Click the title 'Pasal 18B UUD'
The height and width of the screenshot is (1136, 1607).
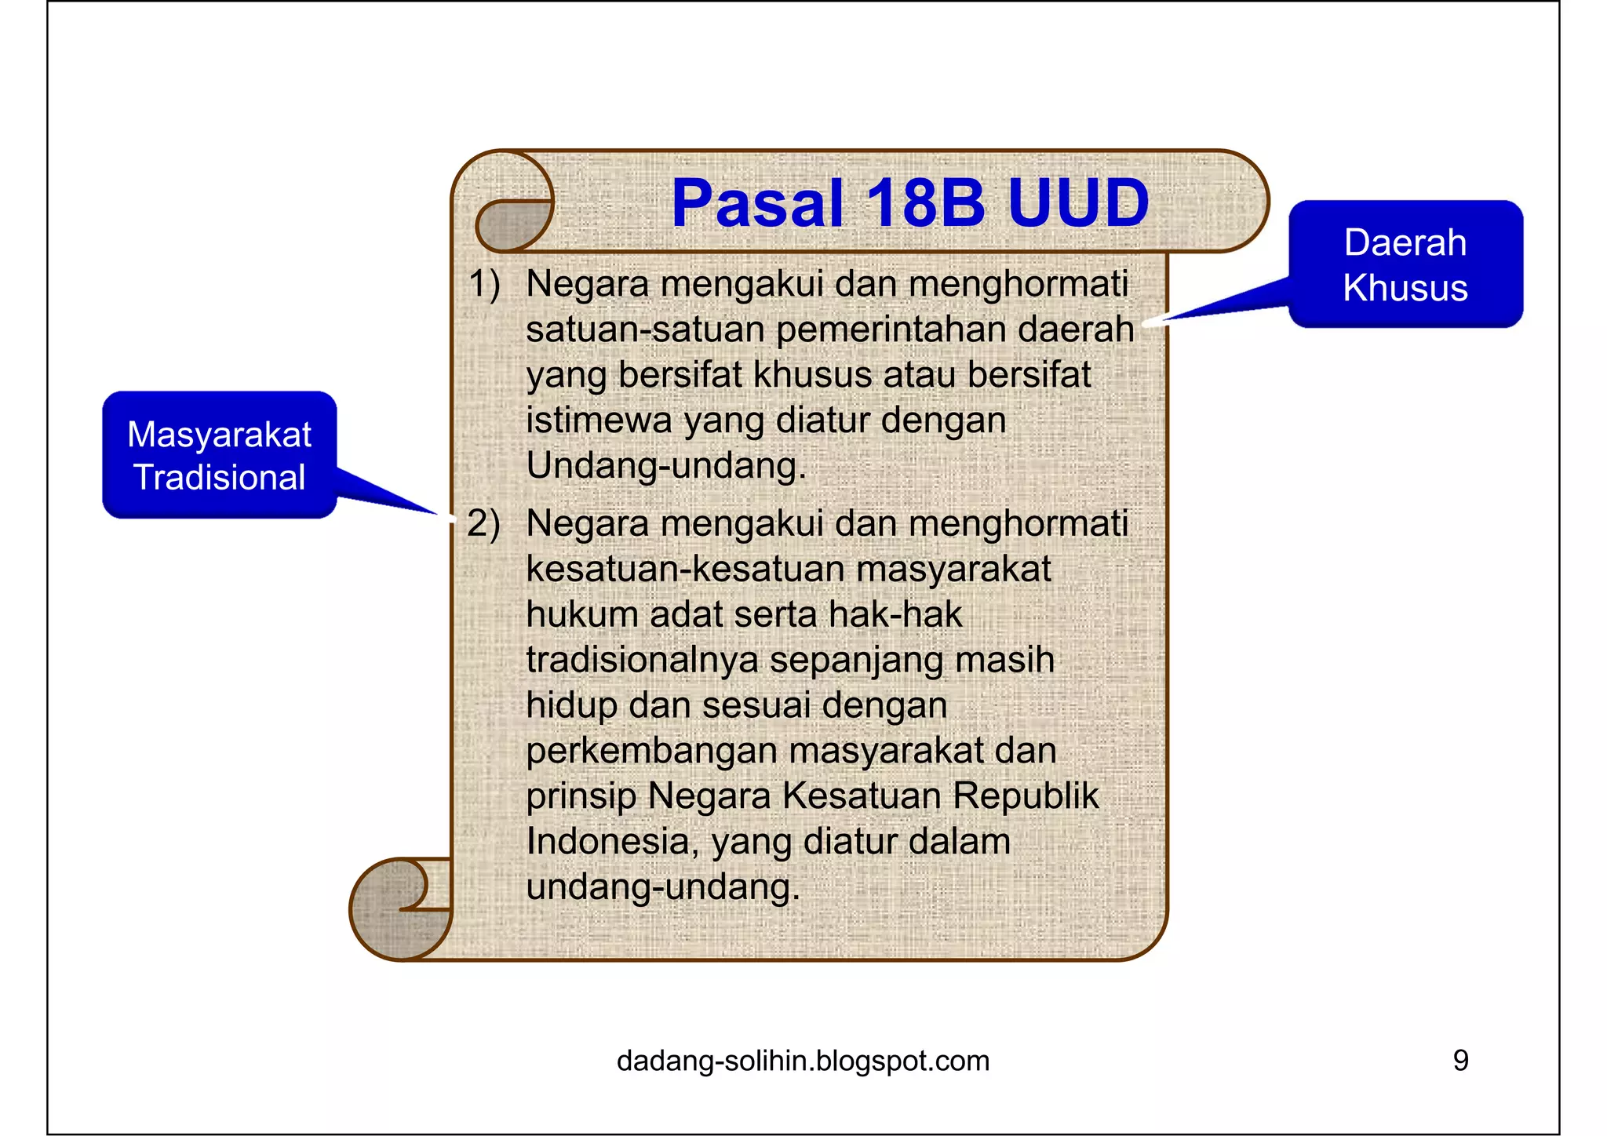(x=910, y=203)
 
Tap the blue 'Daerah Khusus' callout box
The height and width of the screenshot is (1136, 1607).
(x=1405, y=264)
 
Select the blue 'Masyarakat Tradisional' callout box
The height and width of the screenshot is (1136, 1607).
(x=220, y=455)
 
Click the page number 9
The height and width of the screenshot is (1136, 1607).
(x=1460, y=1061)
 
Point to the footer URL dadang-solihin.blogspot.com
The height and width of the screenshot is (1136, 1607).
(x=803, y=1061)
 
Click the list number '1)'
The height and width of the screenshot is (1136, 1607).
(x=483, y=283)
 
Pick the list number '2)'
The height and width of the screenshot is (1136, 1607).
(x=483, y=523)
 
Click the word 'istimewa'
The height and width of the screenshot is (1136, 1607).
(x=598, y=421)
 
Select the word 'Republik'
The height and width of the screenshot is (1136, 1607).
(x=1026, y=796)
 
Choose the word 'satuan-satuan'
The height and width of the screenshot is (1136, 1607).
(x=644, y=330)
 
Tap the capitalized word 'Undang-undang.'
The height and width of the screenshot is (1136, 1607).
(x=666, y=466)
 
